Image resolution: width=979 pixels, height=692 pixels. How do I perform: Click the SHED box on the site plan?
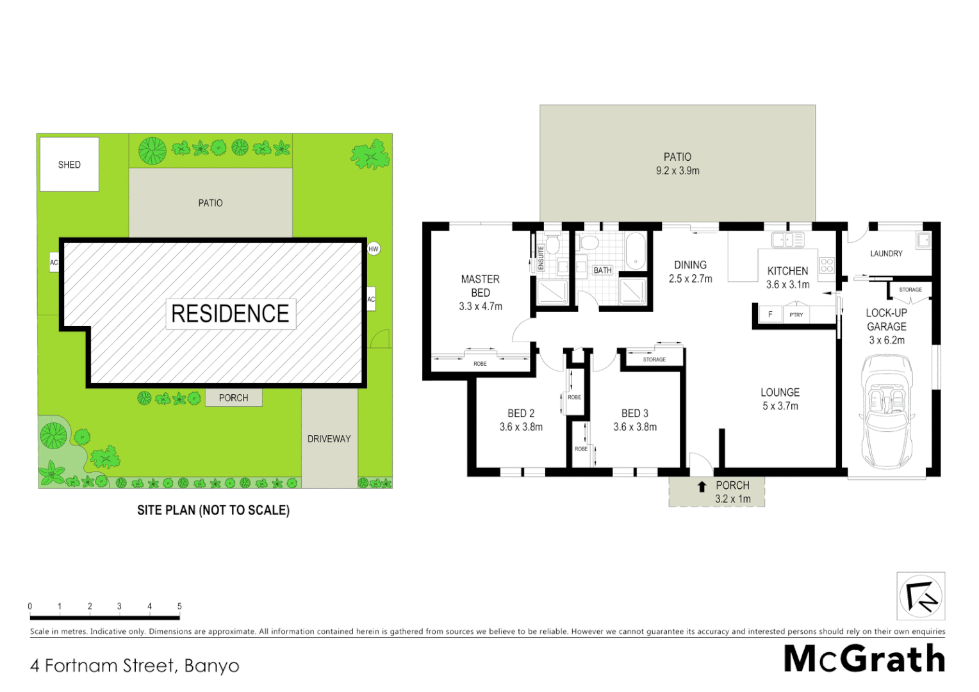coord(69,165)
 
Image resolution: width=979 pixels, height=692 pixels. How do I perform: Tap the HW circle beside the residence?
coord(374,249)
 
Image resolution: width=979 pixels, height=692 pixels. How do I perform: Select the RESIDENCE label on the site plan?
coord(231,313)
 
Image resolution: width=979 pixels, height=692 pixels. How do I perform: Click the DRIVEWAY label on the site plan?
coord(329,439)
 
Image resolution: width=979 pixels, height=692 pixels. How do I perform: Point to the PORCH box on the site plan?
coord(233,398)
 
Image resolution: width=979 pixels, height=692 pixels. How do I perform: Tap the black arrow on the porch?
coord(702,487)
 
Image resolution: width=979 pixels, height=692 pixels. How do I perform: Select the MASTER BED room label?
coord(480,286)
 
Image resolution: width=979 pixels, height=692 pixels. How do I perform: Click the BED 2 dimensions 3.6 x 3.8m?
coord(521,427)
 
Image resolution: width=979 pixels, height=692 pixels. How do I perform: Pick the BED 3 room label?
coord(634,413)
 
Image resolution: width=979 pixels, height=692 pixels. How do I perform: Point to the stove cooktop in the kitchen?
coord(827,265)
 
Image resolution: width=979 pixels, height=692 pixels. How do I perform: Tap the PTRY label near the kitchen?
coord(796,315)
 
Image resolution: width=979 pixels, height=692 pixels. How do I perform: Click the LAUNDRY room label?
coord(886,254)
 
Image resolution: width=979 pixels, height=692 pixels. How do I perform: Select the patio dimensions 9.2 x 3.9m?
coord(677,171)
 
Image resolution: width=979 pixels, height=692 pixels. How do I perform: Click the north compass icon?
coord(920,596)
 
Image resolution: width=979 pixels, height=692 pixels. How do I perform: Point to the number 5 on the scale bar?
coord(179,606)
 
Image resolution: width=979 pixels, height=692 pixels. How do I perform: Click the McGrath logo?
coord(864,659)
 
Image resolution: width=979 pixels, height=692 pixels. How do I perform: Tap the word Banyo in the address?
coord(211,666)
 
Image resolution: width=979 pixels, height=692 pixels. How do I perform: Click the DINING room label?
coord(690,265)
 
